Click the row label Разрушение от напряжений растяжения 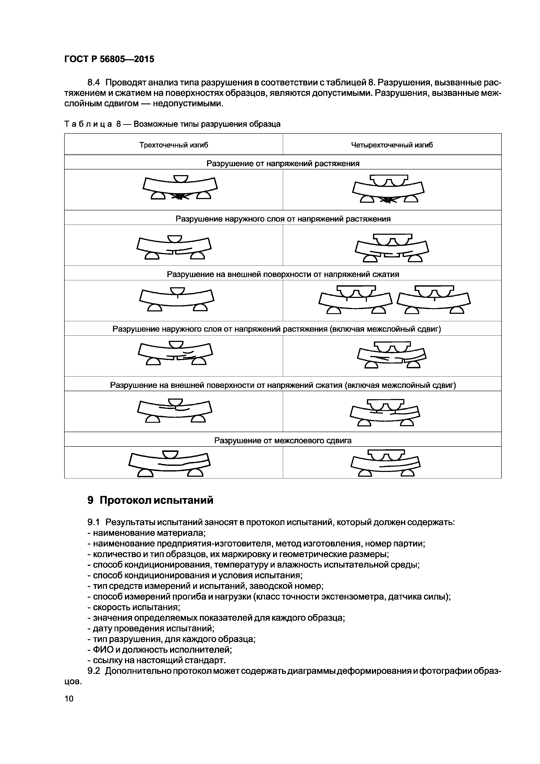click(283, 163)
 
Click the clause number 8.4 click(96, 82)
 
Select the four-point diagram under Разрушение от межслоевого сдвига click(386, 463)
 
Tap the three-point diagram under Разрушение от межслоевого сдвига click(170, 463)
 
